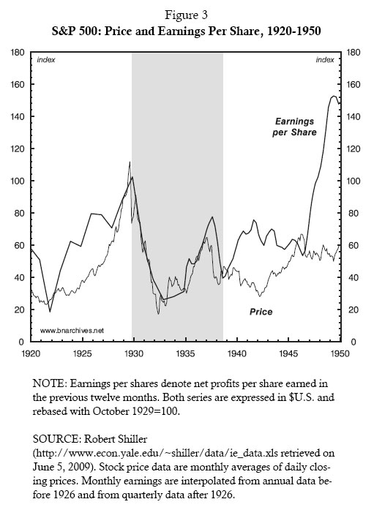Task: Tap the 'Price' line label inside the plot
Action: (261, 312)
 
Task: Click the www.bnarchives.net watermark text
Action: (72, 330)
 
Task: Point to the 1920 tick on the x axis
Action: (30, 353)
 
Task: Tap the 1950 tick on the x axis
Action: (341, 353)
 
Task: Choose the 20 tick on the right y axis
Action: (352, 310)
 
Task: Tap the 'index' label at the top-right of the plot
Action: (325, 60)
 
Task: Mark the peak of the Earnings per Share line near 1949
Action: (334, 96)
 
